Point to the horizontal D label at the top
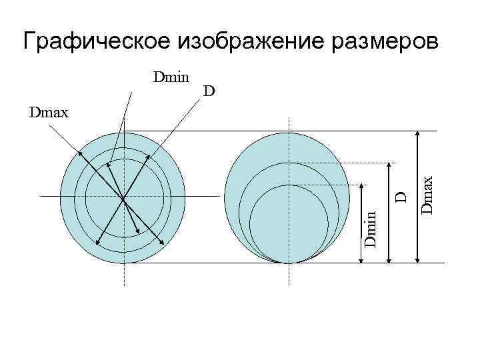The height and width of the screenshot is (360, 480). click(x=209, y=91)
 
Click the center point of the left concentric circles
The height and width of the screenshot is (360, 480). click(x=123, y=197)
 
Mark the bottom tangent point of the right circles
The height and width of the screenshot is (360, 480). click(x=289, y=263)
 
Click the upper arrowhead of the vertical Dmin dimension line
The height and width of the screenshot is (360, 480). click(x=361, y=187)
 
